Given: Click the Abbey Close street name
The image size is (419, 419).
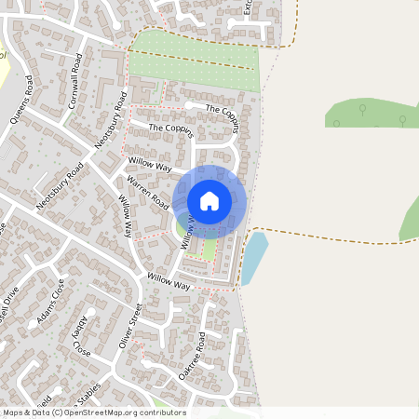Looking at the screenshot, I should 81,337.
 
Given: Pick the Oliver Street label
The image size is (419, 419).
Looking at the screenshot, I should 128,327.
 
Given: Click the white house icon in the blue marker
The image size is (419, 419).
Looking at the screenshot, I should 209,200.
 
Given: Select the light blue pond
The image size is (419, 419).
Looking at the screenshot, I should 253,258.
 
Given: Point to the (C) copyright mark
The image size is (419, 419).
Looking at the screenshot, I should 59,412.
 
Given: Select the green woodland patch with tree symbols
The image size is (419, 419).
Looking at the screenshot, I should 372,115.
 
